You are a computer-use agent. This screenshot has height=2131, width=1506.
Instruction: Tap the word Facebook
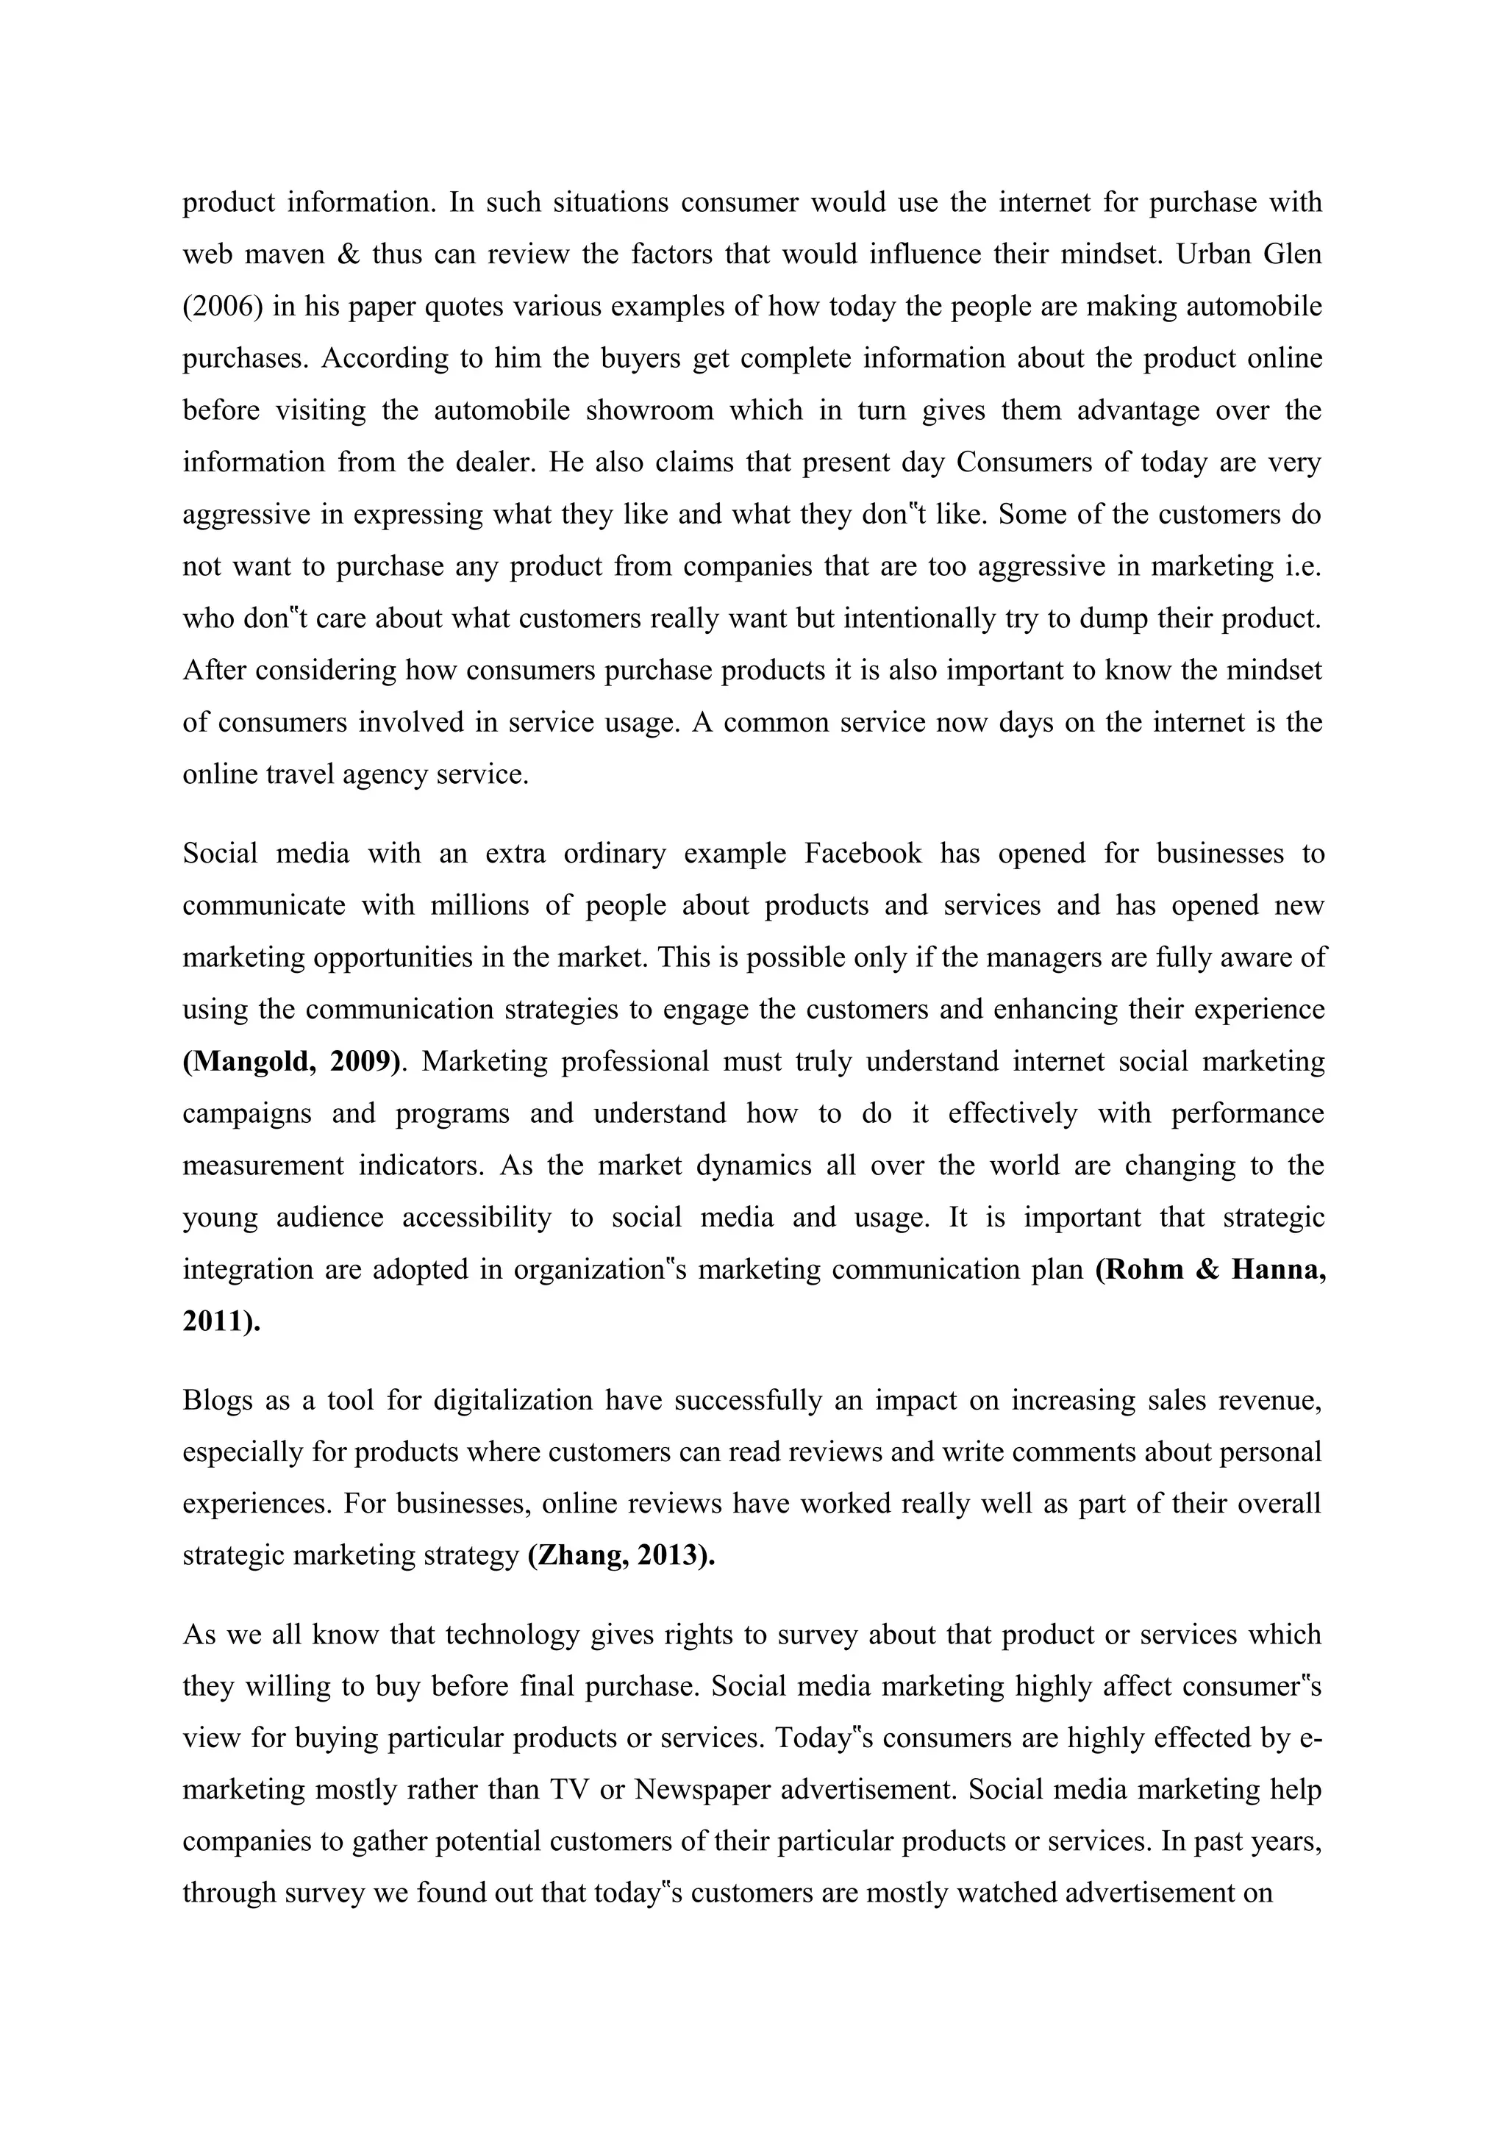click(x=863, y=853)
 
